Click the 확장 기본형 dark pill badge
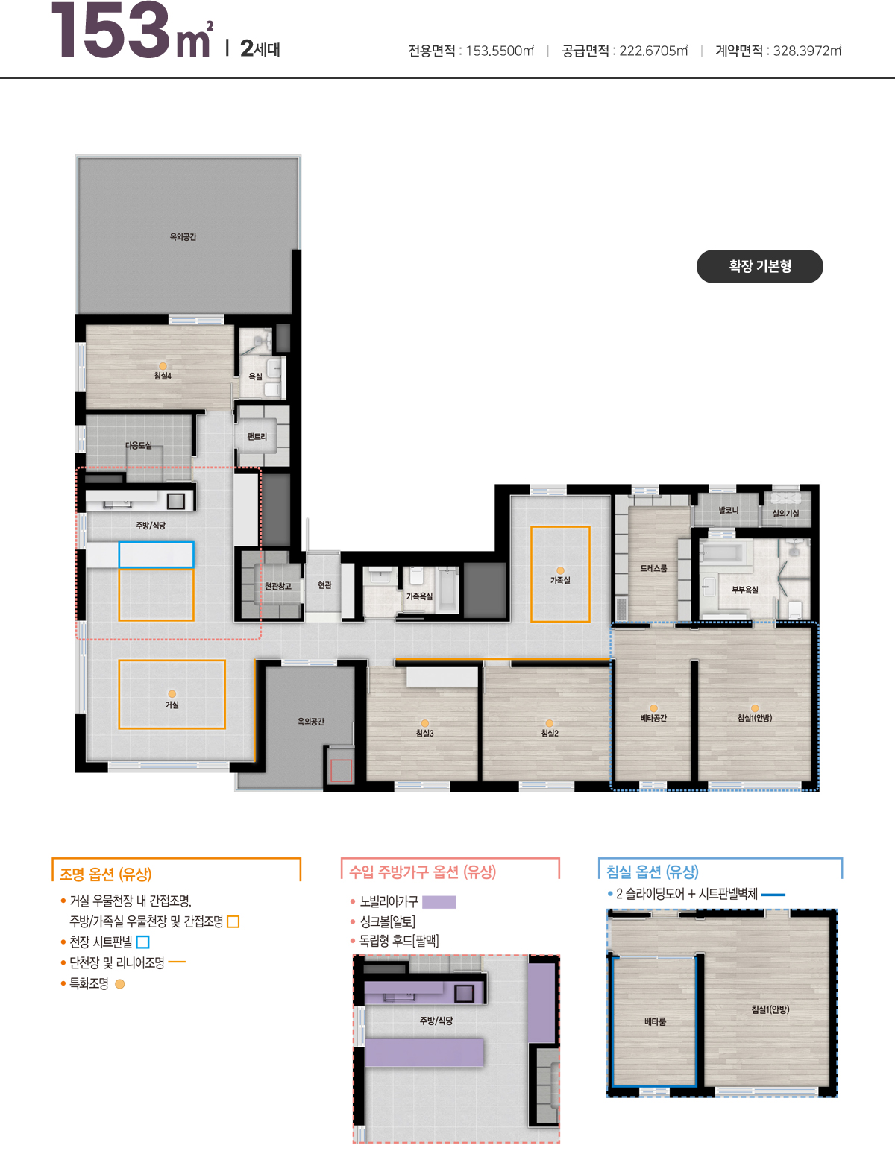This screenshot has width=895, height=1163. (x=759, y=267)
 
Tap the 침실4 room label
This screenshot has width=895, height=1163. (x=163, y=376)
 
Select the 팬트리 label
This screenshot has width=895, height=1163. (x=257, y=437)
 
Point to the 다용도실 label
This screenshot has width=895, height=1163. (x=139, y=445)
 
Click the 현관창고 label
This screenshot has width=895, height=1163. (x=277, y=586)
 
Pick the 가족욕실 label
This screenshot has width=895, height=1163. (x=419, y=596)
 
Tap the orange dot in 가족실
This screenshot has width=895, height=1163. (x=560, y=570)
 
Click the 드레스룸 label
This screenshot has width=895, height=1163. (x=653, y=568)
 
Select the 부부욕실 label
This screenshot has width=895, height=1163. (x=745, y=590)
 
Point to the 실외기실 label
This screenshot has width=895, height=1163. (x=785, y=513)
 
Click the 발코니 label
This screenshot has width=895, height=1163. (x=729, y=511)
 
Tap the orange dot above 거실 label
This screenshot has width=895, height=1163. (x=172, y=694)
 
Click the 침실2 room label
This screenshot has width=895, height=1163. (x=550, y=734)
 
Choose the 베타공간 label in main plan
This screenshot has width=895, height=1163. (x=653, y=718)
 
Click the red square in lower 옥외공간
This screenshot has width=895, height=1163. (x=341, y=771)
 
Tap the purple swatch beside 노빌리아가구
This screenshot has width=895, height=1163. (x=439, y=902)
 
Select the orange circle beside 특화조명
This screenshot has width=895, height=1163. (x=120, y=984)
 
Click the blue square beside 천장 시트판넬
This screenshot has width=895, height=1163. (x=143, y=942)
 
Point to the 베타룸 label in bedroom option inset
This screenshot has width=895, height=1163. (x=655, y=1021)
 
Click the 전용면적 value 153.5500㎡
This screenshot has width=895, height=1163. (x=500, y=51)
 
